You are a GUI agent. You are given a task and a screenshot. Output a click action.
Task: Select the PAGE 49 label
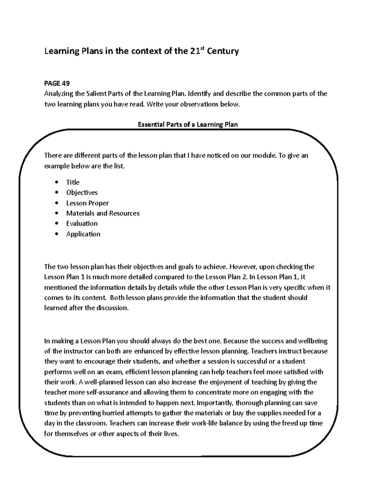coord(57,83)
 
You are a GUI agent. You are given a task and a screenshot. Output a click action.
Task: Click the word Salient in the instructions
coord(96,94)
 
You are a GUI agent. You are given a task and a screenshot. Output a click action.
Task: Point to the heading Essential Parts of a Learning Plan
coord(188,125)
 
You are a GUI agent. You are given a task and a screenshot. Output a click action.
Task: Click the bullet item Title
coord(73,182)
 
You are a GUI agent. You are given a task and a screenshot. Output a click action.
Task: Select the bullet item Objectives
coord(82,192)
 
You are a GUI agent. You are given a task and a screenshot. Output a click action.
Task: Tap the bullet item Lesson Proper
coord(87,203)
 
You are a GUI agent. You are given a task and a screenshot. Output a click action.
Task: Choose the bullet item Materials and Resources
coord(103,213)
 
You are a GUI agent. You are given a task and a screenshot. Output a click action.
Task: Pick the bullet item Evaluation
coord(82,223)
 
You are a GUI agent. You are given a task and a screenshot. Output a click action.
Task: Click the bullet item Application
coord(83,234)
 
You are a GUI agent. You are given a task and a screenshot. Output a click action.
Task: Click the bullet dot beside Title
coord(56,182)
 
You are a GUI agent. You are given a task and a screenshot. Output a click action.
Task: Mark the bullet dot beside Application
coord(56,234)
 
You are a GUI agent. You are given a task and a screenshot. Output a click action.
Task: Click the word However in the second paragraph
coord(243,267)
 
